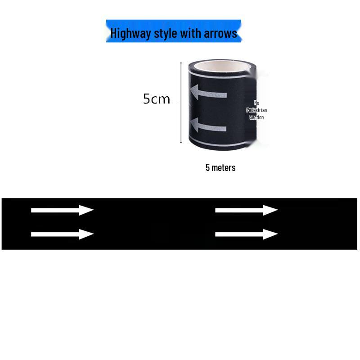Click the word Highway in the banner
coord(130,33)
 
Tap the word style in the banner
coord(165,33)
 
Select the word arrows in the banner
coord(220,33)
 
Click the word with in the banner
coord(190,33)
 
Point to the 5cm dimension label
coord(156,99)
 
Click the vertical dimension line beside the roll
coord(181,103)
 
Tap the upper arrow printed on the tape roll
coord(208,92)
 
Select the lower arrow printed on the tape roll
coord(208,126)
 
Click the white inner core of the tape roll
coord(221,67)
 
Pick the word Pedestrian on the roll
coord(256,110)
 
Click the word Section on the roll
coord(256,117)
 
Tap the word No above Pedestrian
coord(256,103)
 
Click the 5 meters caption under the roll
coord(220,167)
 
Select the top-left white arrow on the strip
coord(62,210)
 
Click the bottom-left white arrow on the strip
coord(62,234)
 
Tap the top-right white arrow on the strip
coord(246,210)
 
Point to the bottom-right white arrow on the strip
coord(246,234)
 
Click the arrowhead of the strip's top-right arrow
coord(270,210)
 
